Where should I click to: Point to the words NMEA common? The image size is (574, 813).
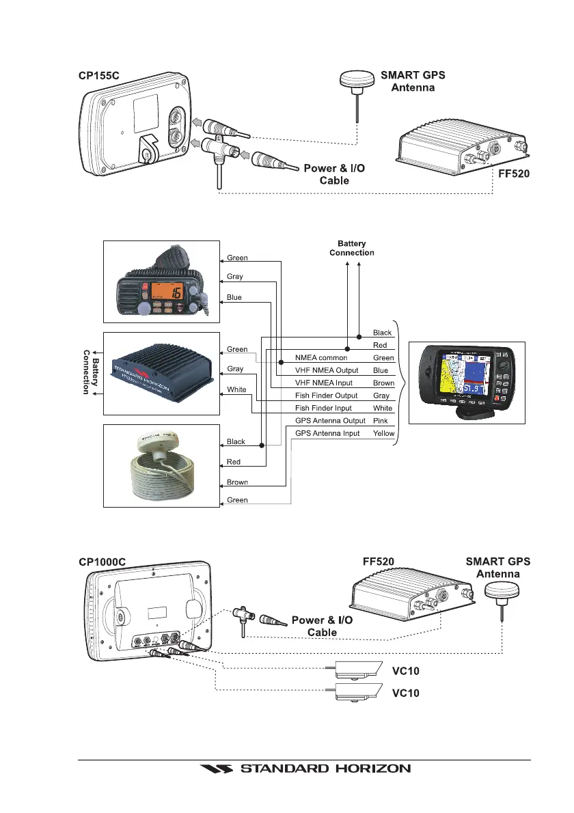click(x=321, y=357)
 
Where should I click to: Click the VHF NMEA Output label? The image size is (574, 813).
click(x=327, y=370)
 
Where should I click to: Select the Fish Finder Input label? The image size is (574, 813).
click(x=323, y=408)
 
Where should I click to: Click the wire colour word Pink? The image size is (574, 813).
click(x=381, y=421)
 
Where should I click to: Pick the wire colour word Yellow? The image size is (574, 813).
click(x=383, y=434)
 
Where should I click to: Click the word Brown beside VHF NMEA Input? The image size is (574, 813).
click(x=383, y=383)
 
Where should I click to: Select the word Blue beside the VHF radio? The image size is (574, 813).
click(x=234, y=298)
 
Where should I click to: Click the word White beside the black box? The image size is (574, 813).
click(x=236, y=389)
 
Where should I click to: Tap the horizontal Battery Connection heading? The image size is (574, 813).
click(x=352, y=248)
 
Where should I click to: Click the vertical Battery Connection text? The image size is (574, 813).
click(x=90, y=372)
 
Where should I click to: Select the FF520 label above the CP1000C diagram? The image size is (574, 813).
click(x=378, y=562)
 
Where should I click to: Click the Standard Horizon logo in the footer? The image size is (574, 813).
click(x=305, y=769)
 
